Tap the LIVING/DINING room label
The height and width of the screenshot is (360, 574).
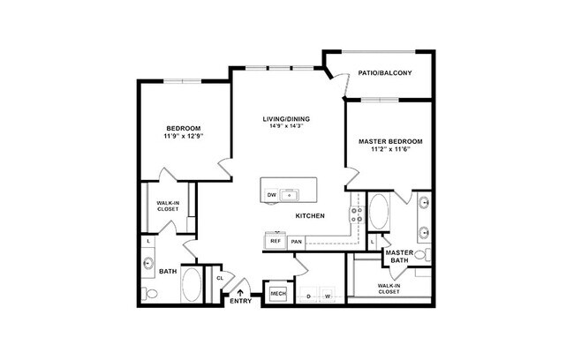pos(286,118)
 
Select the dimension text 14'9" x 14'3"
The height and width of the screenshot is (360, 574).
pos(286,126)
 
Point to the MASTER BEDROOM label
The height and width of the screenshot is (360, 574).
pos(390,141)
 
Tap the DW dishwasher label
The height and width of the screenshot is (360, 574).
pos(272,193)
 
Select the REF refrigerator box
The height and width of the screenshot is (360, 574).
pos(275,240)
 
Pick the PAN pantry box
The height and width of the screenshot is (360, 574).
pos(296,240)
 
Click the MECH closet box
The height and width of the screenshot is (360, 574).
pos(277,293)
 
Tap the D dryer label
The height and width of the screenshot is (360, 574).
pos(308,296)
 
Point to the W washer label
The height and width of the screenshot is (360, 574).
pos(327,296)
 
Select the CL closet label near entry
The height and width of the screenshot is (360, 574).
pos(219,278)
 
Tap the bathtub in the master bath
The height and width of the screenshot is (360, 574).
pos(378,212)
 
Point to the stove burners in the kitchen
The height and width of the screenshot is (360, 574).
pos(356,213)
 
